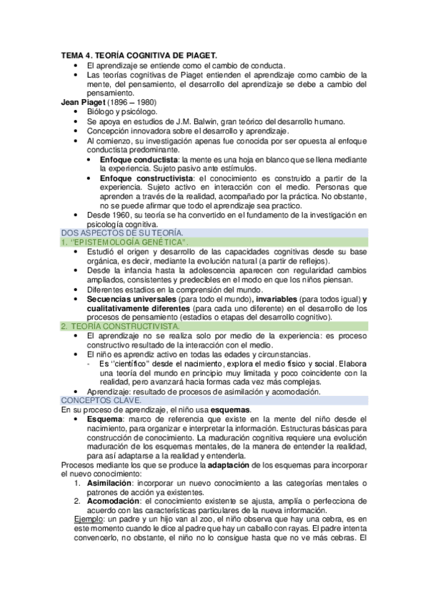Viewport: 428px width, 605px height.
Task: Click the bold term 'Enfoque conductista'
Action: click(139, 159)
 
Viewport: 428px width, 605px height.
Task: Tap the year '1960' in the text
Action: click(122, 215)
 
